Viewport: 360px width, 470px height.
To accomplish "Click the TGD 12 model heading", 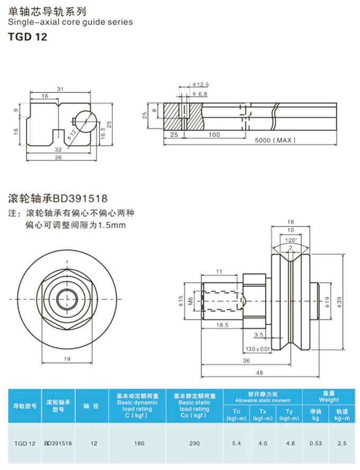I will tap(28, 37).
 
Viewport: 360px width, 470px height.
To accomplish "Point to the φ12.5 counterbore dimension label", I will tap(201, 85).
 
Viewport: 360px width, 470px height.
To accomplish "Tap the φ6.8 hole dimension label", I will tap(201, 94).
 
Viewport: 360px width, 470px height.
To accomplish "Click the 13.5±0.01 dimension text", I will tap(258, 348).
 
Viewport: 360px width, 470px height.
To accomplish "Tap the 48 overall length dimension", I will tap(259, 373).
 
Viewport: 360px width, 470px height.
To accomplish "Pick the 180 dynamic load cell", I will tap(139, 444).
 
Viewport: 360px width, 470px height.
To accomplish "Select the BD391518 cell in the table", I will tap(58, 444).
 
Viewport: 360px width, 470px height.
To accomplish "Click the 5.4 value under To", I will tap(236, 444).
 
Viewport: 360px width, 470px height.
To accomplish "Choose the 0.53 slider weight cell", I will tap(316, 444).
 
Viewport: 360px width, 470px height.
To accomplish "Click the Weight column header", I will tap(329, 396).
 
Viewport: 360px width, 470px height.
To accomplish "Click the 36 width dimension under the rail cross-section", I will tap(58, 157).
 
